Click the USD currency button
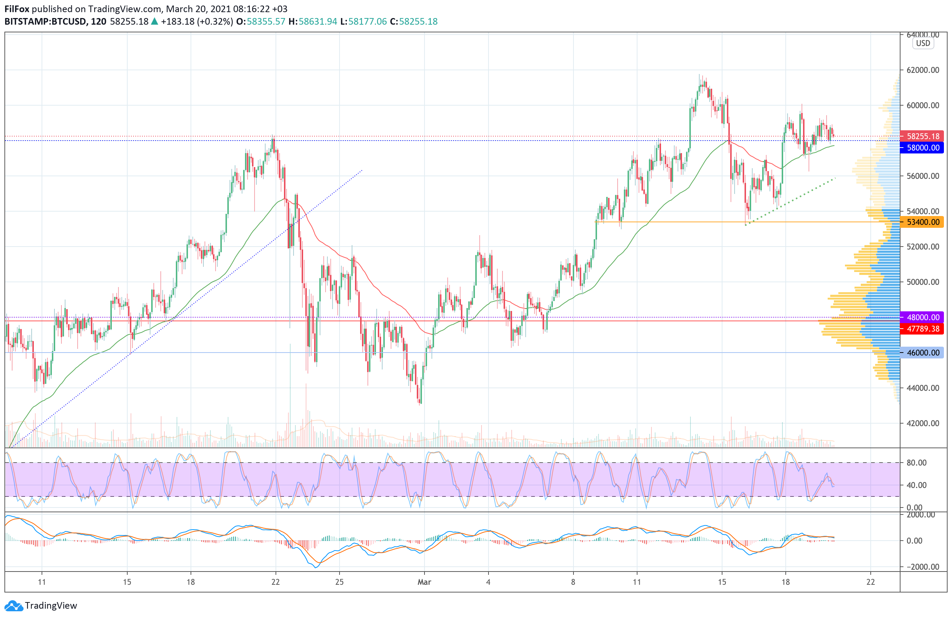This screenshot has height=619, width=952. tap(923, 43)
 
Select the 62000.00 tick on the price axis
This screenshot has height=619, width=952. tap(923, 70)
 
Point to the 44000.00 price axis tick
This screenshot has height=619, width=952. tap(923, 388)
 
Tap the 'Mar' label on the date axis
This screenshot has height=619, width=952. tap(424, 582)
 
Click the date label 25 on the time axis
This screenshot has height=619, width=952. tap(339, 582)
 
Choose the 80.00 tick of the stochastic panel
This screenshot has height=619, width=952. tap(916, 463)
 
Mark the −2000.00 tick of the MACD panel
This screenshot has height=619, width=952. tap(920, 567)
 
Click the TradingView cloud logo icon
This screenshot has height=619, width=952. tap(14, 606)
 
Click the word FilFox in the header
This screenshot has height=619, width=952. tap(17, 9)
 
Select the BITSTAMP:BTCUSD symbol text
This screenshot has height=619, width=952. tap(46, 22)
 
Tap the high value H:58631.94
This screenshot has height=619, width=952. tap(313, 22)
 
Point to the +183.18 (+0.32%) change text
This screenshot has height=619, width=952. tap(197, 22)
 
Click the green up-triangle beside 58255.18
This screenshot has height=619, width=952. tap(154, 22)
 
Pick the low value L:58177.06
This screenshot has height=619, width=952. tap(363, 22)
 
